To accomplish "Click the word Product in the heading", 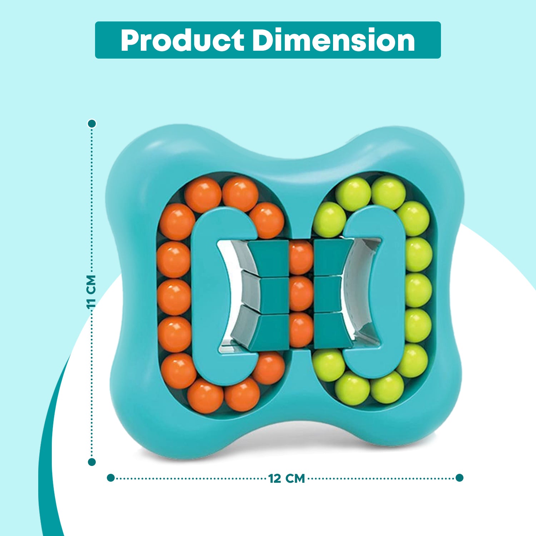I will coord(182,40).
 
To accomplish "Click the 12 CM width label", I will coord(287,478).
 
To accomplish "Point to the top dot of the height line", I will coord(92,124).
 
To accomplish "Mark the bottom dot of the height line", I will coord(92,462).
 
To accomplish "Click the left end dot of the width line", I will coord(111,478).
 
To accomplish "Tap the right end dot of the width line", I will coord(460,478).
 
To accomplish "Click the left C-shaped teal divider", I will coord(204,293).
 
